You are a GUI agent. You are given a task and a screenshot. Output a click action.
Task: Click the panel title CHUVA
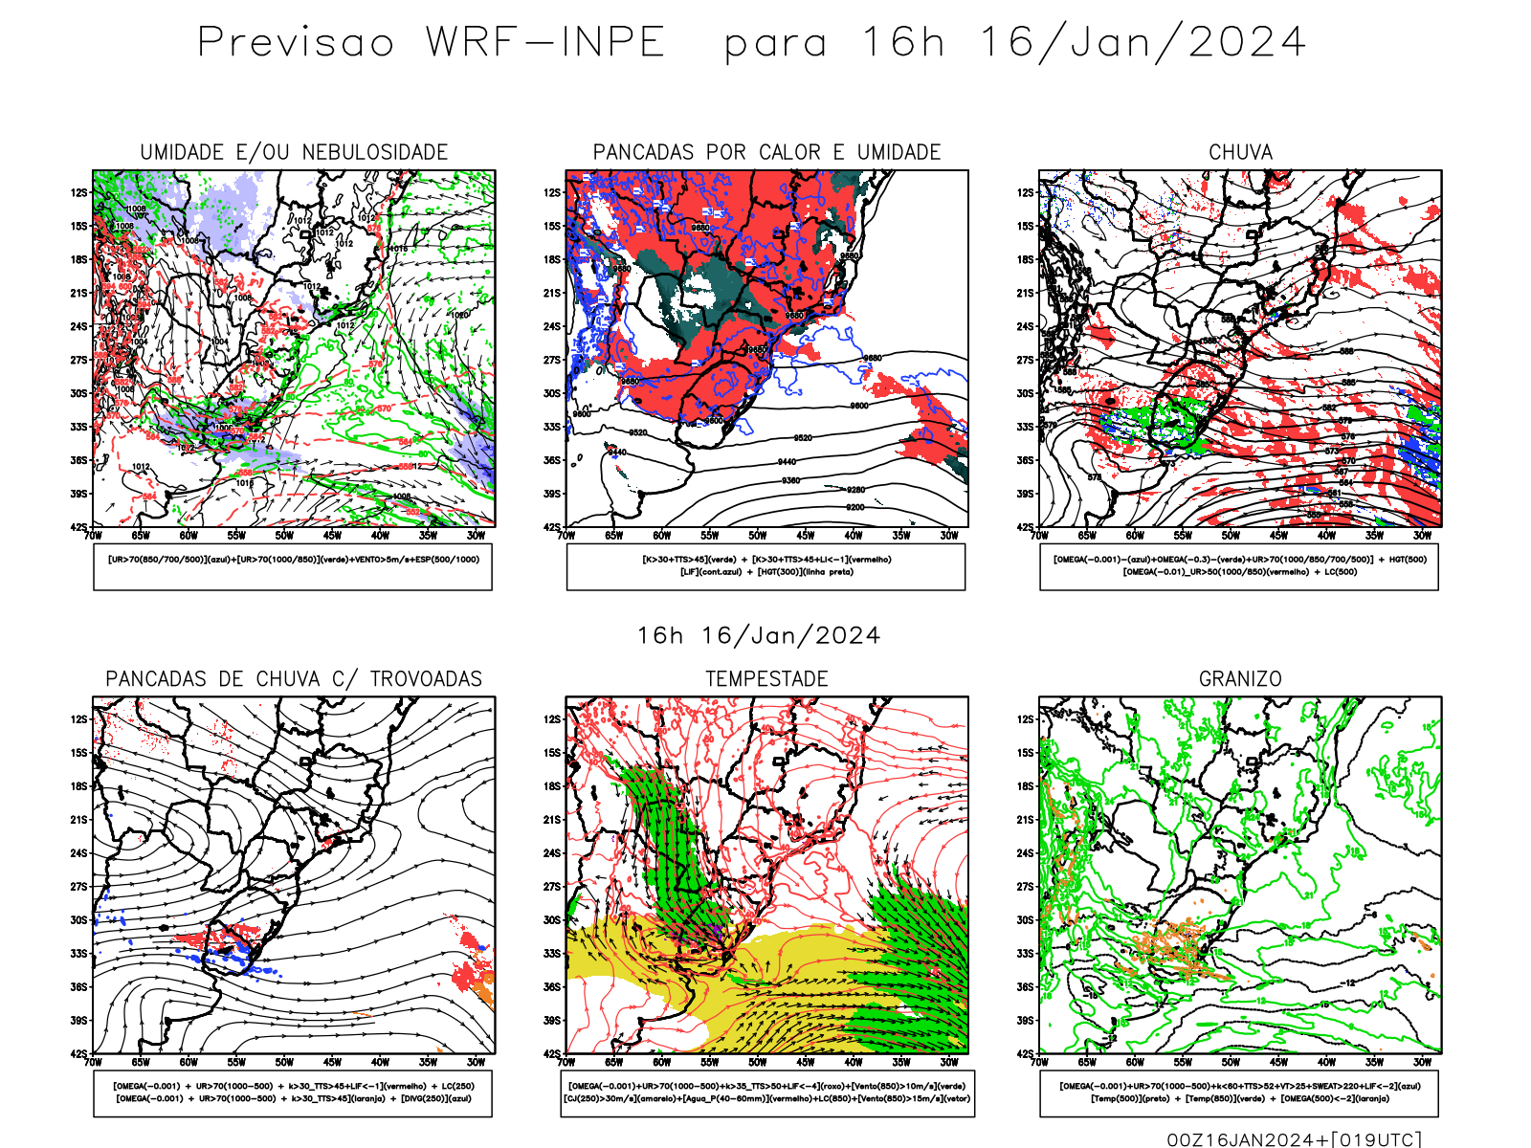(x=1240, y=152)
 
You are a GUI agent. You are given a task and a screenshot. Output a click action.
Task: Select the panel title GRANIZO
(x=1240, y=679)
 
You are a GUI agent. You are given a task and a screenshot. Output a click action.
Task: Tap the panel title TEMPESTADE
(x=766, y=679)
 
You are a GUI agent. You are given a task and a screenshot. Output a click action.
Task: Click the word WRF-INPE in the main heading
(x=545, y=43)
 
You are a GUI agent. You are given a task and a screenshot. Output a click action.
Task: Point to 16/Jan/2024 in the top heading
(x=1143, y=43)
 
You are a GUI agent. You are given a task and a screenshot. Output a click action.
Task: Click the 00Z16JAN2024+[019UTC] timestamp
(x=1295, y=1138)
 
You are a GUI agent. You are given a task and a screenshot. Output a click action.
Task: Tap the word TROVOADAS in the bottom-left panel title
(x=426, y=679)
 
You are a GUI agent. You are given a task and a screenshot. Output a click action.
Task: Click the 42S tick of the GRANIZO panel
(x=1025, y=1053)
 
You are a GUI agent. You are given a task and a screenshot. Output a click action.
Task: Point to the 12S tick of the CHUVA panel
(x=1025, y=192)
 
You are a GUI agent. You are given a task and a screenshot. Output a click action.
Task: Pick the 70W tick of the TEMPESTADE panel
(x=566, y=1062)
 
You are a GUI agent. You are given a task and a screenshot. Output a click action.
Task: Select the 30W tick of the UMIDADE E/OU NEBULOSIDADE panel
(x=476, y=536)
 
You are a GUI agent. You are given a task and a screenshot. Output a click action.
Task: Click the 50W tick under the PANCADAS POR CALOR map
(x=758, y=536)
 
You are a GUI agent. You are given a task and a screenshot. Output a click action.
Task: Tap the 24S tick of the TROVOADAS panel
(x=78, y=852)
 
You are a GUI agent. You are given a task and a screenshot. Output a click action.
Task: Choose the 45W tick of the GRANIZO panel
(x=1278, y=1062)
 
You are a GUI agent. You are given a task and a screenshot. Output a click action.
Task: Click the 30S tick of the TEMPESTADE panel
(x=552, y=919)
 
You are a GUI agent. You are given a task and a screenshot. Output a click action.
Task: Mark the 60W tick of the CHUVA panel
(x=1135, y=536)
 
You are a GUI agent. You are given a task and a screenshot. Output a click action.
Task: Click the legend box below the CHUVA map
(x=1239, y=566)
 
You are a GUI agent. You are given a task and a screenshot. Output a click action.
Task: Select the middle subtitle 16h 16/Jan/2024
(x=759, y=636)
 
